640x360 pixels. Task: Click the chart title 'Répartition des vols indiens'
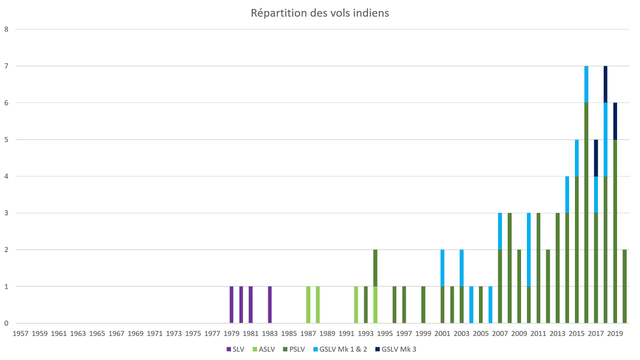(x=320, y=13)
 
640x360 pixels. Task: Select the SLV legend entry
(x=236, y=349)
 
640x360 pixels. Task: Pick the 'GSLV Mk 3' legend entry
(x=401, y=349)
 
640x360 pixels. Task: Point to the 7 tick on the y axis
(x=6, y=66)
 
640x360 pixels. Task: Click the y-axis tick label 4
(x=6, y=177)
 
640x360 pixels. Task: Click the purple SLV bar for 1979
(x=231, y=305)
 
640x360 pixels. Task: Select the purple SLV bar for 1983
(x=270, y=305)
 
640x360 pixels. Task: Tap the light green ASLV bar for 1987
(x=308, y=305)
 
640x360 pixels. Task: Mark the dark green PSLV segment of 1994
(x=375, y=268)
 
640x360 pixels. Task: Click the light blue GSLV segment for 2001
(x=443, y=268)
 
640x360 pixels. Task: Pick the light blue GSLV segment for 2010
(x=529, y=250)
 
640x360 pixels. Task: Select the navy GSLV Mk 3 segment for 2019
(x=615, y=121)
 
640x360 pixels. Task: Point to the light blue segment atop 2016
(x=587, y=84)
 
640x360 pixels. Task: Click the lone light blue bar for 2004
(x=471, y=305)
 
